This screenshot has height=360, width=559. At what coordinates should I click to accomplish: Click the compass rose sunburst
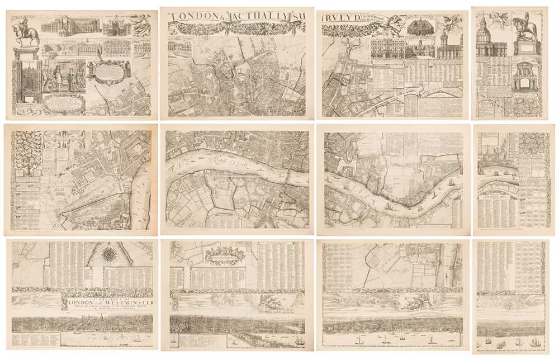pyautogui.click(x=109, y=255)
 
